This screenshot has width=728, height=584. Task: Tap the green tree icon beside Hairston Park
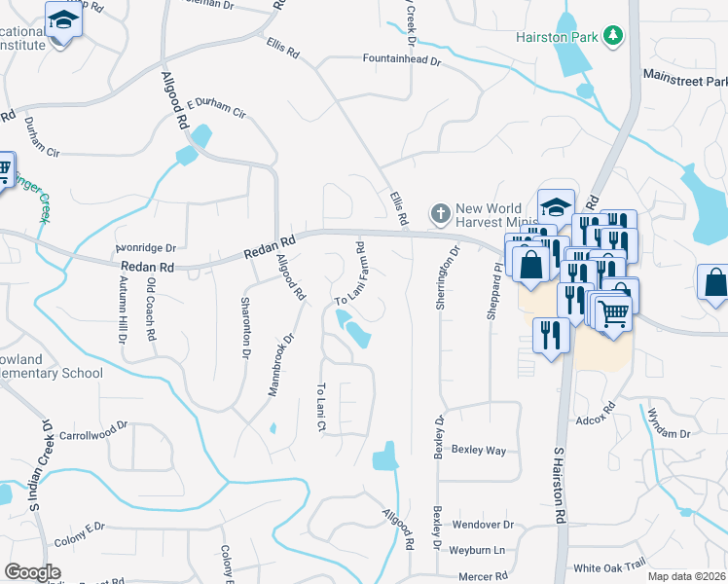[x=612, y=36]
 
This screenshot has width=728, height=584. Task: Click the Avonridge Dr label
[x=145, y=248]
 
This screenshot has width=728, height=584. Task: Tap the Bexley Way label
[x=483, y=451]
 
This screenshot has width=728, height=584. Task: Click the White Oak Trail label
[x=609, y=566]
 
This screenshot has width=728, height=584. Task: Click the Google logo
[x=32, y=572]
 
